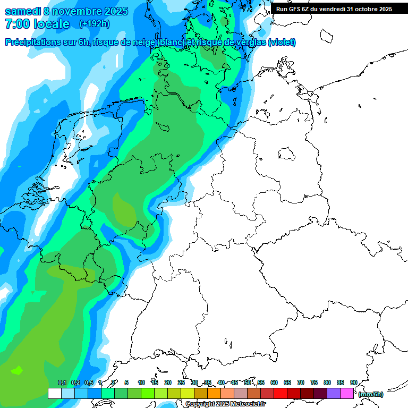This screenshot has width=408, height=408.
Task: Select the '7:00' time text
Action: (x=17, y=24)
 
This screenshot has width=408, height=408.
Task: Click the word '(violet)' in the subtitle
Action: (x=282, y=42)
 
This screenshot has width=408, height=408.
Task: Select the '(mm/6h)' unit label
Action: (x=371, y=394)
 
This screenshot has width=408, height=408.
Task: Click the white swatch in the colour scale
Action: (x=54, y=394)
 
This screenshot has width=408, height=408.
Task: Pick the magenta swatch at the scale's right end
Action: (x=347, y=394)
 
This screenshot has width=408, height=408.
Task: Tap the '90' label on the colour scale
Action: (x=353, y=383)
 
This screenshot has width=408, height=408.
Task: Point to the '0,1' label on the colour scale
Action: (x=62, y=383)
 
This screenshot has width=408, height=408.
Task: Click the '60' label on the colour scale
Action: (x=274, y=383)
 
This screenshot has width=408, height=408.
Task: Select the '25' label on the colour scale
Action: (x=181, y=383)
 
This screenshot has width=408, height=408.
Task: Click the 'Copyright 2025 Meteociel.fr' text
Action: (x=225, y=404)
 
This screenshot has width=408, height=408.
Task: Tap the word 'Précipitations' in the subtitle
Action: (x=33, y=42)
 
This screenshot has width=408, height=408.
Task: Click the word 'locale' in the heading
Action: (x=52, y=24)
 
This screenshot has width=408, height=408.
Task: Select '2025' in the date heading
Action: (x=113, y=11)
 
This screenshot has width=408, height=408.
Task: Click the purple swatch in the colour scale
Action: (x=334, y=394)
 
